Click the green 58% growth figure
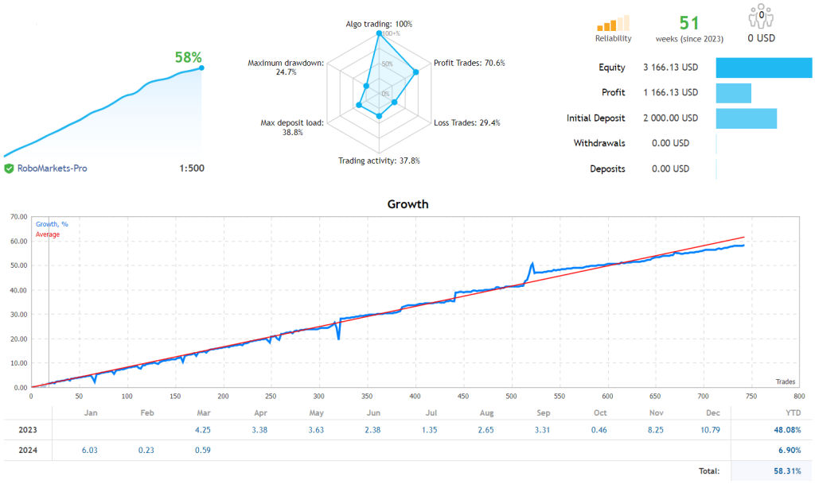188,57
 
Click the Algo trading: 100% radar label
379,24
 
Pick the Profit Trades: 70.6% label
469,63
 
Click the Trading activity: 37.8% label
379,161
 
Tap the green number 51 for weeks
689,23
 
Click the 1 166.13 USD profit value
670,93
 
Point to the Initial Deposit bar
746,118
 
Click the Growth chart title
407,204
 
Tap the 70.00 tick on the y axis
18,216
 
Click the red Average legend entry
48,234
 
